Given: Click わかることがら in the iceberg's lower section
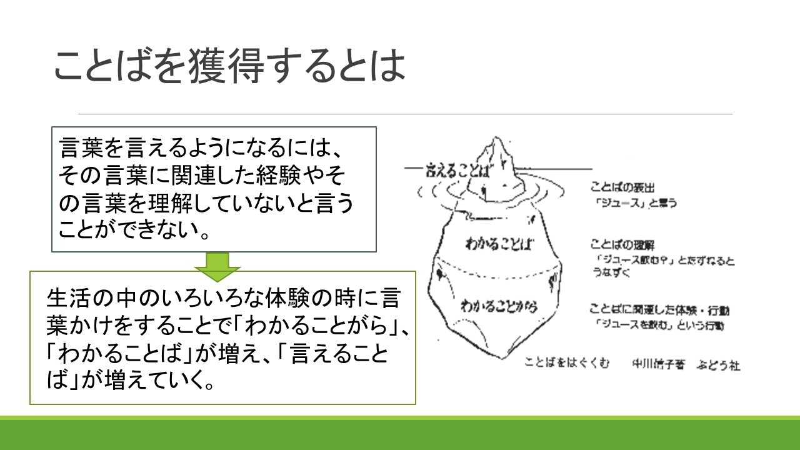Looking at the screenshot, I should [x=499, y=306].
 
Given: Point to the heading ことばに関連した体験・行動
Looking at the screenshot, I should [x=651, y=309].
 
